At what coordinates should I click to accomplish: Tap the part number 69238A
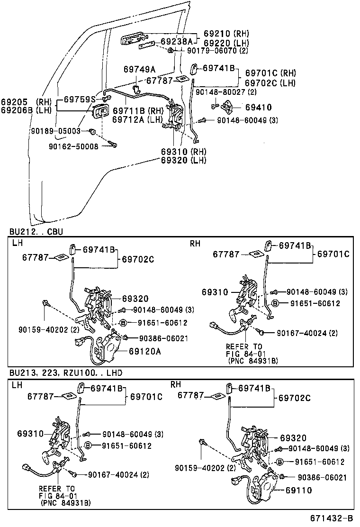click(x=176, y=41)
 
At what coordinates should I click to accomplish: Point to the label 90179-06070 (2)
click(x=217, y=50)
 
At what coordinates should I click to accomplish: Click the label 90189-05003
click(x=63, y=130)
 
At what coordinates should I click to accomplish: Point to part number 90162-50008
click(x=73, y=146)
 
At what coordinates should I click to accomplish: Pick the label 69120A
click(x=145, y=351)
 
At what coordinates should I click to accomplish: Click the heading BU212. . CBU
click(x=36, y=232)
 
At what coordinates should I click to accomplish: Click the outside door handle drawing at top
click(x=132, y=39)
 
